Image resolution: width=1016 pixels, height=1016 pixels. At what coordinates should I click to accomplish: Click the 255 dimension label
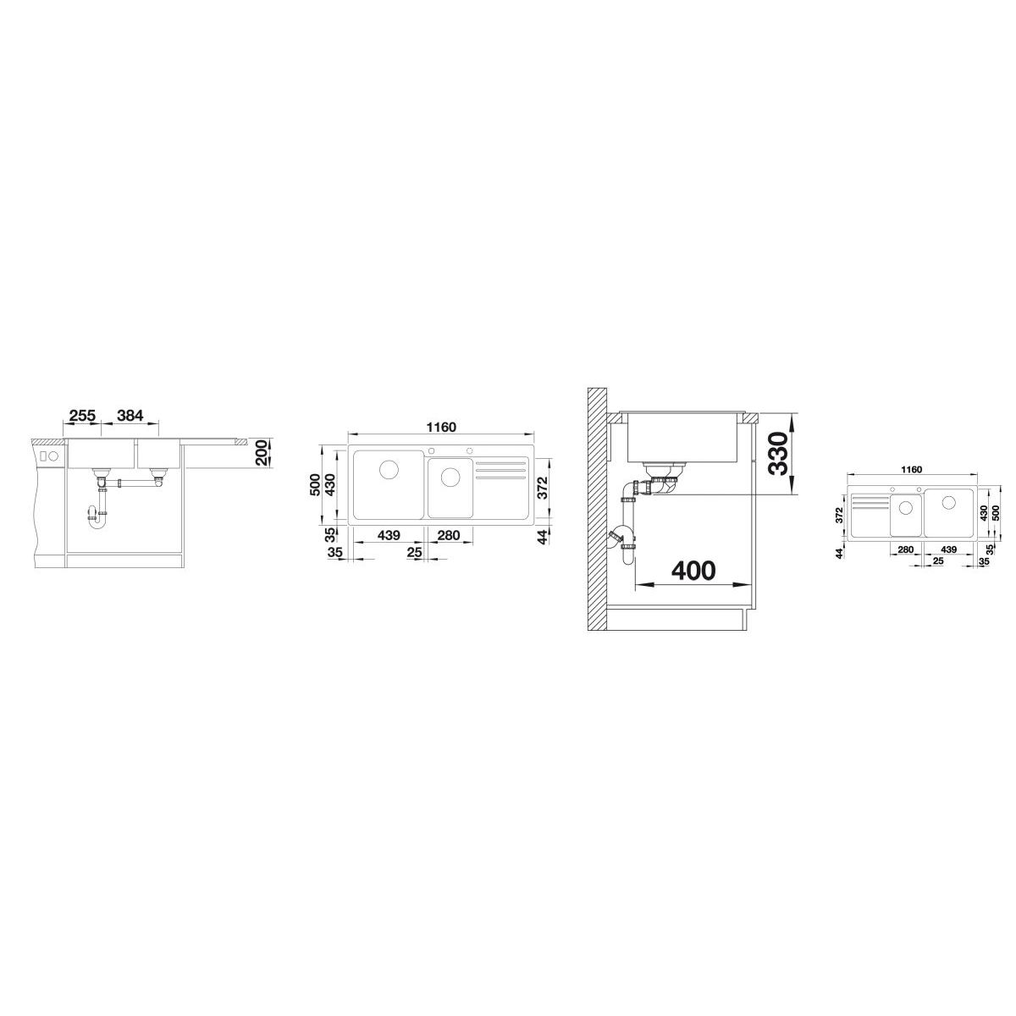pos(83,416)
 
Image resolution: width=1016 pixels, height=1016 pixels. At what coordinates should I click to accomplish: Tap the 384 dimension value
pos(130,416)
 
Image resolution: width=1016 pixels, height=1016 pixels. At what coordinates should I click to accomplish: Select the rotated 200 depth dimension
pos(261,452)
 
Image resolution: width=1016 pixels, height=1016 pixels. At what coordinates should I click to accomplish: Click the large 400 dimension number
pos(693,570)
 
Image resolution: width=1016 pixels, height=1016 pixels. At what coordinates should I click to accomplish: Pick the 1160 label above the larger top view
pos(441,427)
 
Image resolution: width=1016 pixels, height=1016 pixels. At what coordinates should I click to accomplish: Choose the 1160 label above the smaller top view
pos(911,469)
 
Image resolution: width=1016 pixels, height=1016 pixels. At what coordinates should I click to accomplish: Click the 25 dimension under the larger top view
pos(415,552)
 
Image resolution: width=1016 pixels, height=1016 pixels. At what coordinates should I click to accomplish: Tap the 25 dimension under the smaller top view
pos(938,561)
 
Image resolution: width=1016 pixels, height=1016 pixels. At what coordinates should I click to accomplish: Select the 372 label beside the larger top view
pos(544,487)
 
